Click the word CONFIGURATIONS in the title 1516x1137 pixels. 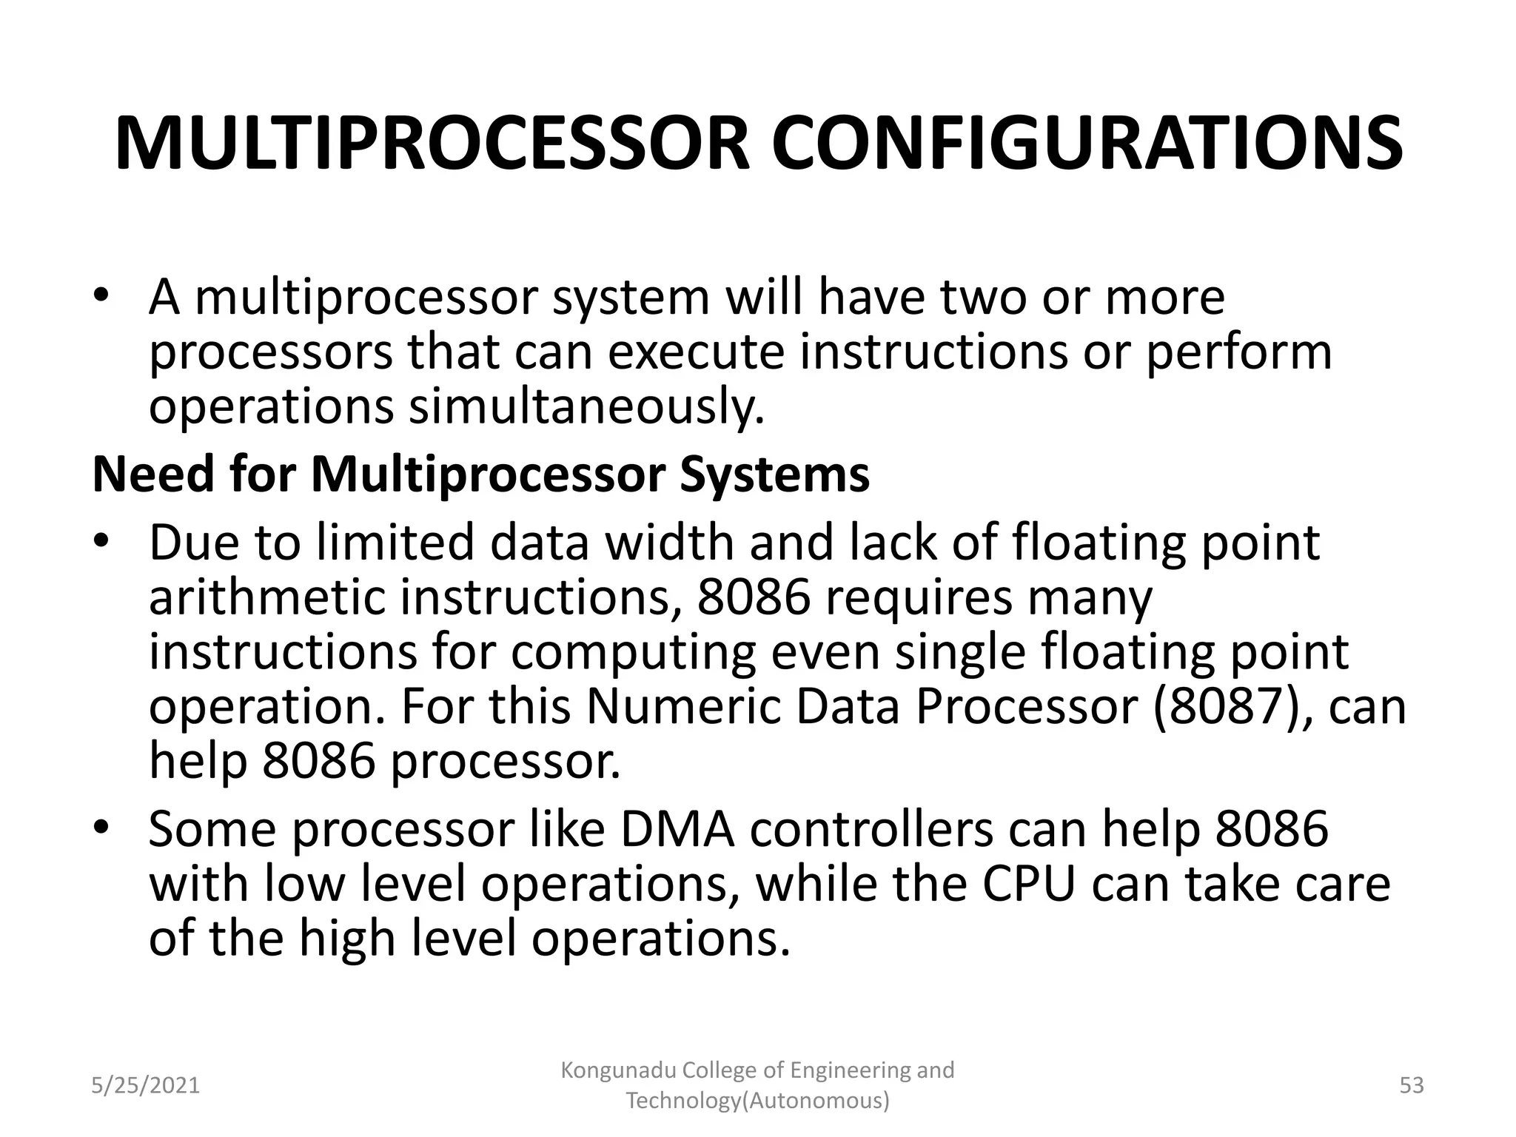click(1087, 144)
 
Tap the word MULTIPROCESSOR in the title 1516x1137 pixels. click(432, 144)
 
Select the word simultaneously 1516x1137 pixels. click(586, 407)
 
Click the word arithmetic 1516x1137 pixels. click(266, 598)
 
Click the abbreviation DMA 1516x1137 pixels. click(677, 830)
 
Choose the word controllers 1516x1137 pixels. click(872, 830)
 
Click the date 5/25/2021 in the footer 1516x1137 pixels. click(146, 1086)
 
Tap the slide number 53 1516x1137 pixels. click(1412, 1086)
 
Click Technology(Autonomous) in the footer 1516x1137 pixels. click(758, 1101)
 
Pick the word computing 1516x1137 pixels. click(633, 652)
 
